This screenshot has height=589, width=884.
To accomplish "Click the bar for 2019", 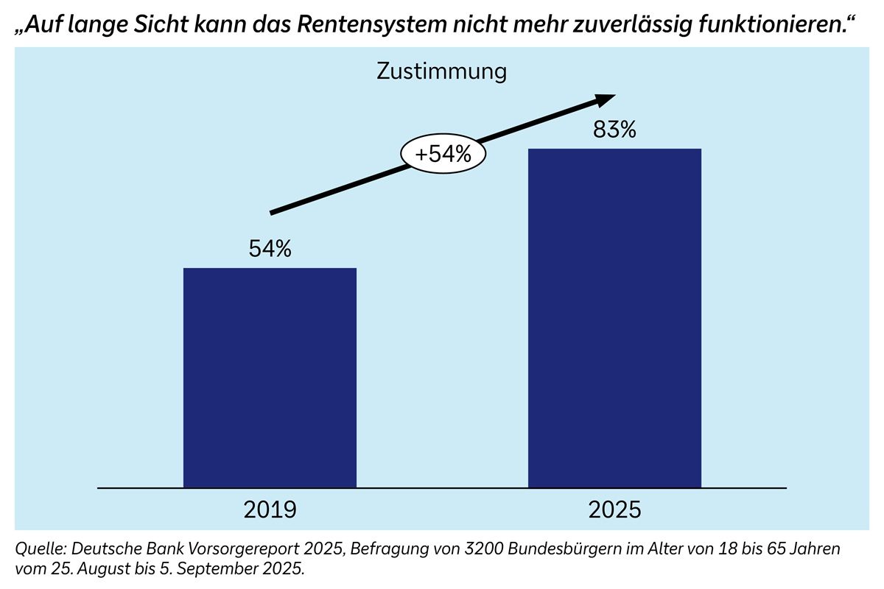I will [270, 377].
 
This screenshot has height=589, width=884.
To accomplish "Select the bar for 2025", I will [614, 318].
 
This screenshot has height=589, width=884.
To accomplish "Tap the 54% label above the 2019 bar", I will [270, 250].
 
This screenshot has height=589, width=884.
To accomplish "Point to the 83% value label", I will [614, 130].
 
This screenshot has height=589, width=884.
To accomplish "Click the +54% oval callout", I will [443, 155].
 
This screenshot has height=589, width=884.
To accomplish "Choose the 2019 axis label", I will [270, 509].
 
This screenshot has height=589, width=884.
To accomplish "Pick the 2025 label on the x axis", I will [614, 509].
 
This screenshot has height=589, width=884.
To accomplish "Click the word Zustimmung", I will [442, 71].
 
